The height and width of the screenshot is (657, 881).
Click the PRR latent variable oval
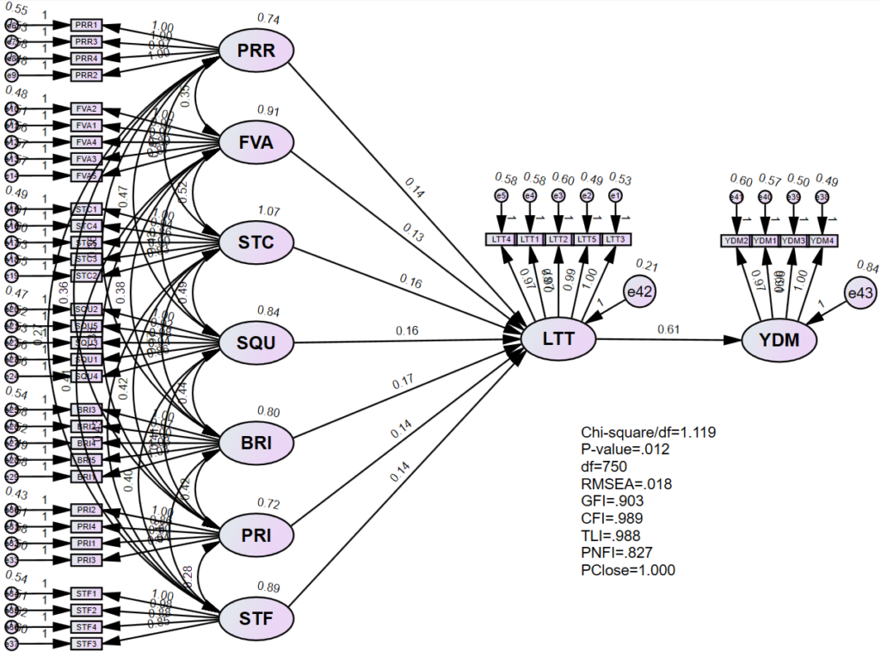(256, 52)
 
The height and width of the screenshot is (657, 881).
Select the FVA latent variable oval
(256, 143)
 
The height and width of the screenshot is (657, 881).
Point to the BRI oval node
(256, 444)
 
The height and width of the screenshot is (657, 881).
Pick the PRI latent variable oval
(256, 535)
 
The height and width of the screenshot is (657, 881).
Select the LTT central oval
(559, 339)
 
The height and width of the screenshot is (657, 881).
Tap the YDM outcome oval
(779, 341)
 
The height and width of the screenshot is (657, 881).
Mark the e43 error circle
(860, 294)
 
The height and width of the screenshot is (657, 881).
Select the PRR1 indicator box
(87, 25)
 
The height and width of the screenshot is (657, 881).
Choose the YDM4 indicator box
(822, 240)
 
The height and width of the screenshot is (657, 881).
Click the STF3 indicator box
(87, 643)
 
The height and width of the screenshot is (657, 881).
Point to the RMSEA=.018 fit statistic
(626, 484)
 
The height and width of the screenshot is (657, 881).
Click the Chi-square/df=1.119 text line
(649, 433)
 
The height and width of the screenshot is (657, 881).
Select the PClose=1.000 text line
(628, 570)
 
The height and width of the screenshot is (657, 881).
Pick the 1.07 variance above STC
(268, 211)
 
